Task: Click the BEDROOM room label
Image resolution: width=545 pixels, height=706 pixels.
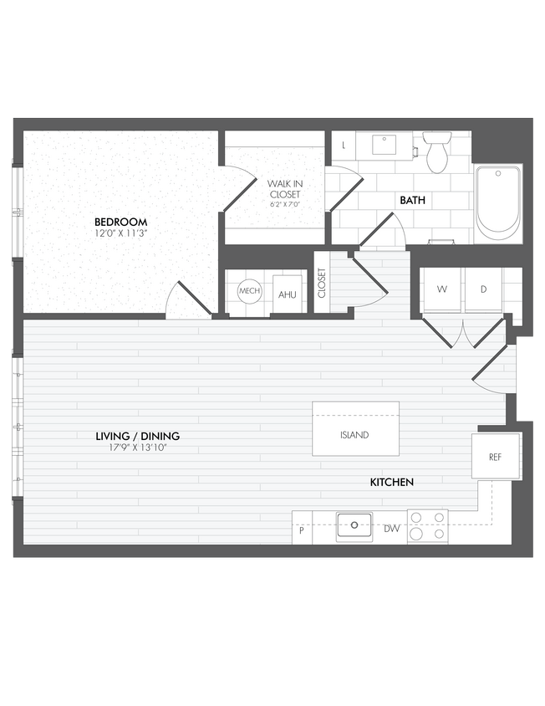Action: point(115,222)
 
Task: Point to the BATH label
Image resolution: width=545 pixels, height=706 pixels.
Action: point(412,201)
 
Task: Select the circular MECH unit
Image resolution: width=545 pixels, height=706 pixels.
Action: point(249,291)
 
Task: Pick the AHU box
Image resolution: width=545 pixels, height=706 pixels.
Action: point(288,294)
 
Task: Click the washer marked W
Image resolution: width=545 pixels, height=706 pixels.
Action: point(442,289)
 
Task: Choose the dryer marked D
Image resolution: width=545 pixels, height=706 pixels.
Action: point(484,289)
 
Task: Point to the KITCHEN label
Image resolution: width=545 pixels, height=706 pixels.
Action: point(392,483)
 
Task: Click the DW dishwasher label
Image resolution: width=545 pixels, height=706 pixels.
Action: point(390,529)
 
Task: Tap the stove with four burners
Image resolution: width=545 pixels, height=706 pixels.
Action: point(427,526)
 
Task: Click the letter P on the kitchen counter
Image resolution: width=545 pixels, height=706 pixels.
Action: point(301,529)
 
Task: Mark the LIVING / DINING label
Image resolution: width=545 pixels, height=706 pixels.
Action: point(137,437)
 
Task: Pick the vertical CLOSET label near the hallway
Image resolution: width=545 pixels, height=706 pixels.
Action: point(322,283)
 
